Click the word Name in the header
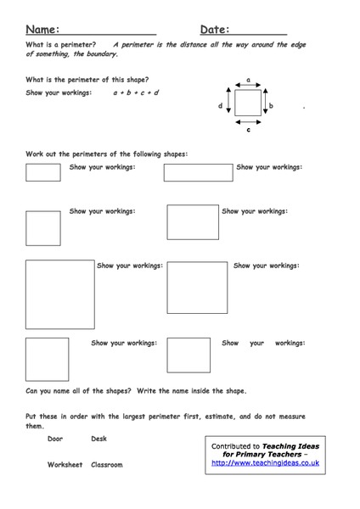click(x=40, y=28)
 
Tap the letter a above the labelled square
click(x=248, y=81)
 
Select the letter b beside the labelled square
click(x=270, y=106)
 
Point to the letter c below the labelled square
click(x=248, y=131)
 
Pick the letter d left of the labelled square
click(x=220, y=106)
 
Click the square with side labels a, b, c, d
click(x=248, y=104)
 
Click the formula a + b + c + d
click(x=136, y=92)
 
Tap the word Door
click(x=56, y=439)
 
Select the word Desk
click(x=99, y=439)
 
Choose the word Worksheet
click(x=65, y=465)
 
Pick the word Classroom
click(x=107, y=465)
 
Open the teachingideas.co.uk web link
click(x=265, y=463)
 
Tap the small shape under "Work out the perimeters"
click(x=43, y=172)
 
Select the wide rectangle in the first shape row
click(x=198, y=172)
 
